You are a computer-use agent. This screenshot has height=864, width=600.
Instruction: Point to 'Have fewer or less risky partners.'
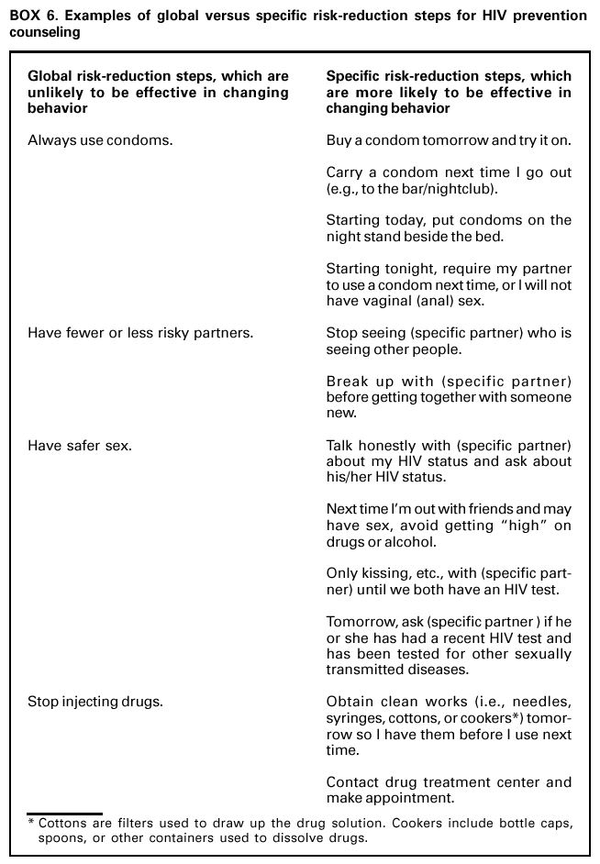[x=140, y=333]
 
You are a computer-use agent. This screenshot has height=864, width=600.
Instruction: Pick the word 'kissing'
[x=385, y=573]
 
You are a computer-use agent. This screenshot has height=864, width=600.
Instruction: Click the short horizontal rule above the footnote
[x=64, y=813]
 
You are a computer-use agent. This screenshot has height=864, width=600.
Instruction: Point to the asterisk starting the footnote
[x=30, y=823]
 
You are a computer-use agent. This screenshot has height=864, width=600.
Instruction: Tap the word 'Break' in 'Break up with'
[x=346, y=381]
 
